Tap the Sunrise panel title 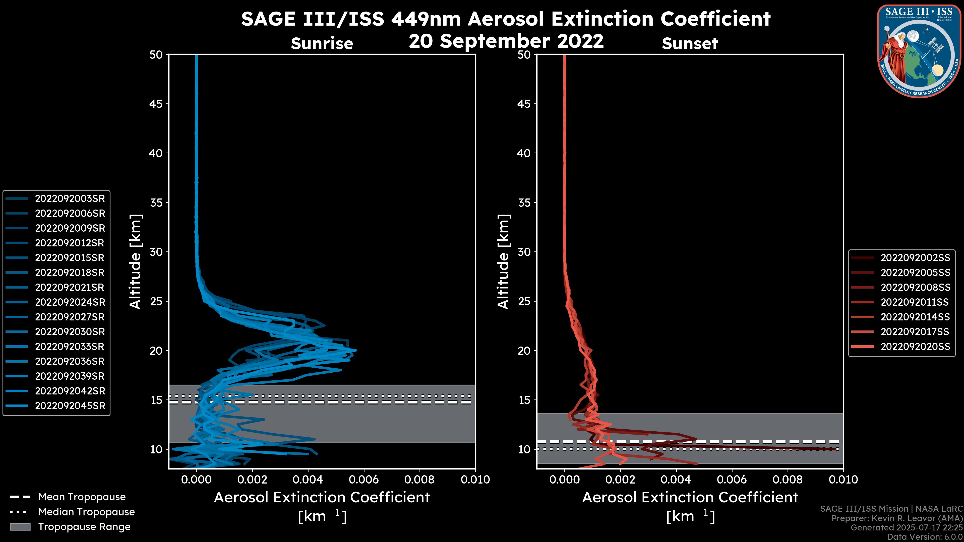[x=322, y=44]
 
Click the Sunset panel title [x=690, y=44]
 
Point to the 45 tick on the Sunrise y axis [x=156, y=104]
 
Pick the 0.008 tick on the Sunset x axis [x=788, y=480]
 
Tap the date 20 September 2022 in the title [x=506, y=41]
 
